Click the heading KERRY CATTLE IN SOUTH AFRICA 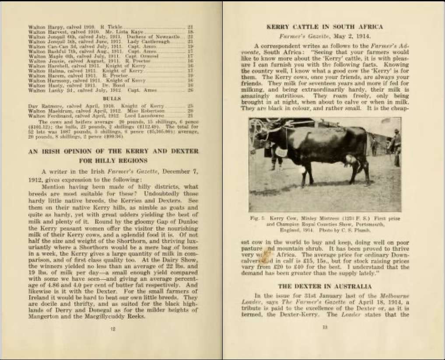tap(324, 27)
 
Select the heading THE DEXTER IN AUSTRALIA tap(325, 286)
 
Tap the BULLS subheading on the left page tap(112, 99)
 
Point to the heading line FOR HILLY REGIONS tap(113, 161)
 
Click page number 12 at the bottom tap(112, 329)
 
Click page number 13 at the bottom tap(325, 326)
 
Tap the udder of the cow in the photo tap(350, 160)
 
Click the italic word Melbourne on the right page tap(392, 296)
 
